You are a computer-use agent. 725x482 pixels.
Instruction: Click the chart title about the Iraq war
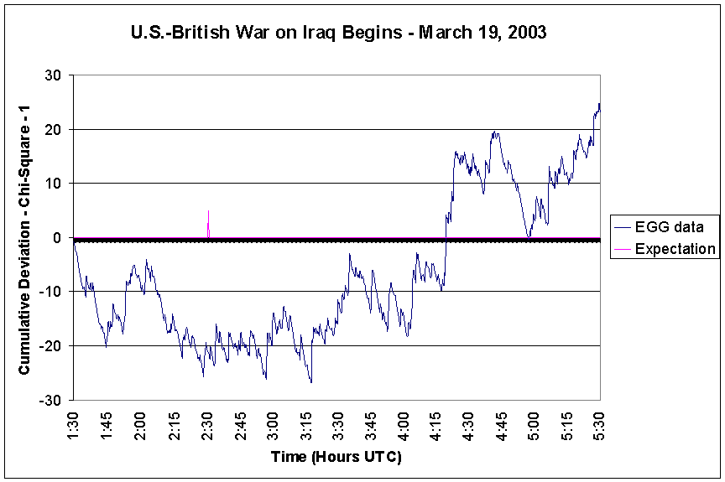[339, 34]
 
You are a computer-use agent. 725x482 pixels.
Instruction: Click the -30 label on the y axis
[51, 400]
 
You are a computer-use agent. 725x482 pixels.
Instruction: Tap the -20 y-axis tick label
[51, 345]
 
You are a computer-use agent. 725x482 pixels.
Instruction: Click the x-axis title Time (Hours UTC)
[336, 457]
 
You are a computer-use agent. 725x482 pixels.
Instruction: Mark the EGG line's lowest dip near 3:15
[310, 381]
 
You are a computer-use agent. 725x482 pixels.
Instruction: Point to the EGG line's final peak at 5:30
[599, 105]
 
